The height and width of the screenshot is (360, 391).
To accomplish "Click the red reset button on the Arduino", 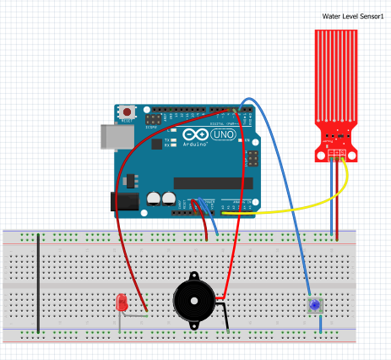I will pyautogui.click(x=128, y=111).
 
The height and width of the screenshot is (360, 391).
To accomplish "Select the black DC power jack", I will pyautogui.click(x=124, y=201).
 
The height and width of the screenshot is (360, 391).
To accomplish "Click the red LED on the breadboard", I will pyautogui.click(x=122, y=301).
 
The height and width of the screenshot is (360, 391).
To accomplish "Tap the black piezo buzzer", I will pyautogui.click(x=193, y=301).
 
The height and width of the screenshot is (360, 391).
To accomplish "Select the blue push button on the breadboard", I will pyautogui.click(x=315, y=305).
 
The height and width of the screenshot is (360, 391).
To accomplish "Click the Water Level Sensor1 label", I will pyautogui.click(x=353, y=16).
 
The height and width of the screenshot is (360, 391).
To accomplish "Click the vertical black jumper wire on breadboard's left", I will pyautogui.click(x=38, y=282).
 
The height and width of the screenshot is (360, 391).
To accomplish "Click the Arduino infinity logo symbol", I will pyautogui.click(x=194, y=135).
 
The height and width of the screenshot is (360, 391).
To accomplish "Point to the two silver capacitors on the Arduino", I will pyautogui.click(x=162, y=198).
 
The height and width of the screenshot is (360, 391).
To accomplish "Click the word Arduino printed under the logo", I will pyautogui.click(x=193, y=145).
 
